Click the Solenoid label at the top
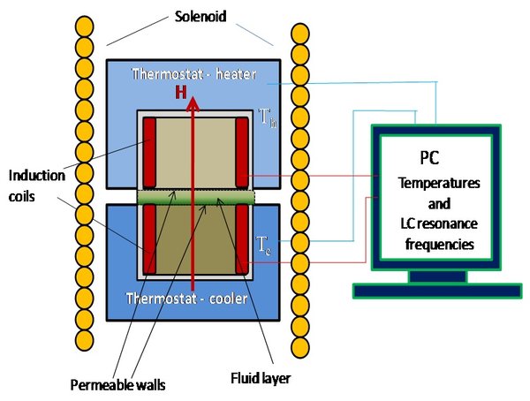pos(201,16)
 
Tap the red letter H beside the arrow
pos(181,92)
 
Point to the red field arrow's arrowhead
pos(193,103)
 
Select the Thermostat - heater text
pos(193,74)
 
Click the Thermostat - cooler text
pos(186,299)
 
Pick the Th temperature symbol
pos(268,117)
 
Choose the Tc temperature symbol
pos(263,246)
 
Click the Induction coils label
pos(36,185)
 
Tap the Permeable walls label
pos(117,385)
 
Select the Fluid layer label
pos(261,378)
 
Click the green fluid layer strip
pos(196,198)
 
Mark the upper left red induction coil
pos(149,153)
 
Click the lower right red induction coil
pos(242,238)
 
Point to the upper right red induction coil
pos(242,153)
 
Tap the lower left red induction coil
pos(149,238)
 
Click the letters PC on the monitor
pos(429,157)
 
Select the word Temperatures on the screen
pos(439,183)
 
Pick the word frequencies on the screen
pos(439,244)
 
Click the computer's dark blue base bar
pos(437,291)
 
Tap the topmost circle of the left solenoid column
pos(84,26)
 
